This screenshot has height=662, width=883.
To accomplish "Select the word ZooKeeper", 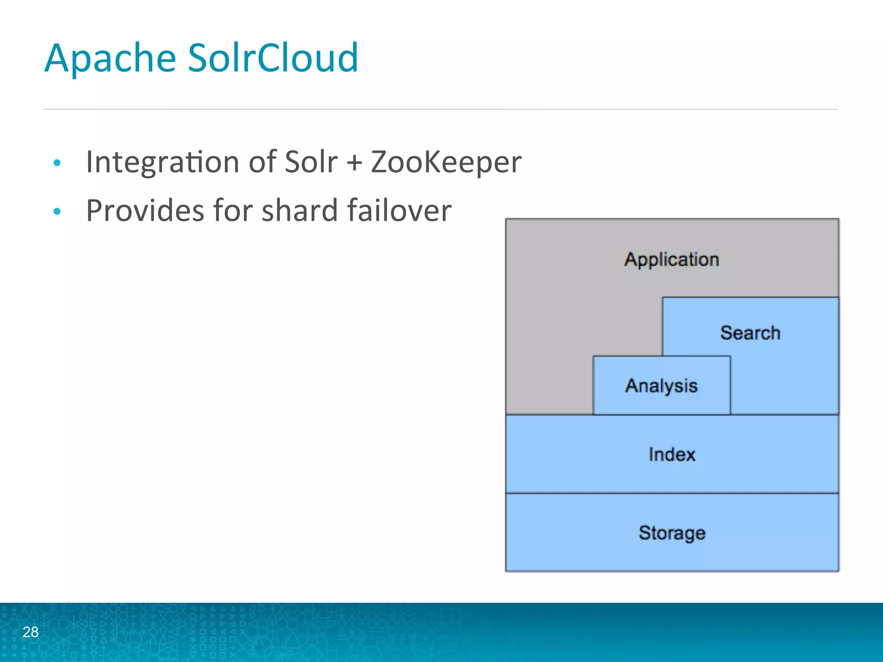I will (446, 163).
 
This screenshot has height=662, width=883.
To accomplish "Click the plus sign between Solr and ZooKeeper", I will (354, 164).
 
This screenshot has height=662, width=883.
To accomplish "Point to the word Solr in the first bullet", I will (311, 162).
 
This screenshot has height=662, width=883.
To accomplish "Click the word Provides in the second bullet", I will (145, 211).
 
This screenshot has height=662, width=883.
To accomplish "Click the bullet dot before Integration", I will (57, 163).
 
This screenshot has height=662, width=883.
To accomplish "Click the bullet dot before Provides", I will (57, 211).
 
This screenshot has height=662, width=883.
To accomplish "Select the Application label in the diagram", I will (672, 259).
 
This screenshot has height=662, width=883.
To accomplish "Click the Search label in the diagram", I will (750, 333).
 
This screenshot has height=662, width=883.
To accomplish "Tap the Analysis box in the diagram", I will (661, 385).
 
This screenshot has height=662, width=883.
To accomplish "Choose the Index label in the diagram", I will (672, 454).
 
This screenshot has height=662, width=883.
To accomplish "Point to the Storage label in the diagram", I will (672, 533).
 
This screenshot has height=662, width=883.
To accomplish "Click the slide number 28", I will (31, 632).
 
